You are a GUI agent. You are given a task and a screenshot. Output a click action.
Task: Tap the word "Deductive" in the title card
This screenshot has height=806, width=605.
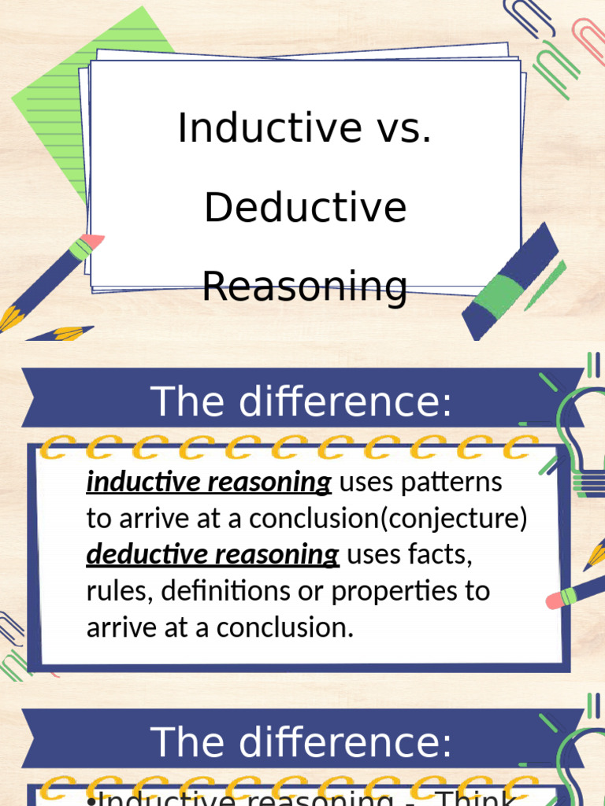coord(305,207)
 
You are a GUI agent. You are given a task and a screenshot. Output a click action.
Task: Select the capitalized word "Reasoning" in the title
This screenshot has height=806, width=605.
coord(305,286)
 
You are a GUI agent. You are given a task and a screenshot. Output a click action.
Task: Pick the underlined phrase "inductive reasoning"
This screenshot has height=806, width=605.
coord(208,482)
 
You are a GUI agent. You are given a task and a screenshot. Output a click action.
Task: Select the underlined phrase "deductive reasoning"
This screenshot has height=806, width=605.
coord(213,554)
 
